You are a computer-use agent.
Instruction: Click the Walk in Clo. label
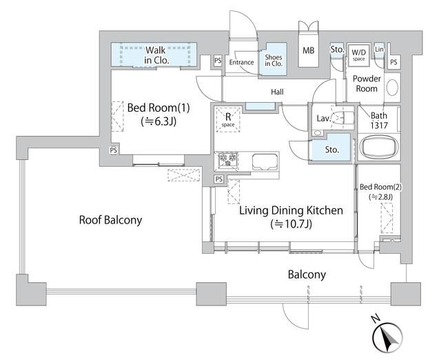tap(156, 55)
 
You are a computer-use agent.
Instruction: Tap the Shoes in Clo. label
tap(274, 60)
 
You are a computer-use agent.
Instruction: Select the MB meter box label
tap(309, 50)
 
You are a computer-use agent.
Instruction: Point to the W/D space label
tap(359, 54)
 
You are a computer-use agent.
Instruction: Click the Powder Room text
tap(367, 83)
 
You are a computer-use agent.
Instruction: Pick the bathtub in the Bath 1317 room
tap(378, 147)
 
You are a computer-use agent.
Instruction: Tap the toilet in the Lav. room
tap(342, 117)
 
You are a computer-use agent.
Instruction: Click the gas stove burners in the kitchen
tap(228, 159)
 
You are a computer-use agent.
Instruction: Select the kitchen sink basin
tap(265, 162)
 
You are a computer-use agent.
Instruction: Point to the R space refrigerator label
tap(228, 119)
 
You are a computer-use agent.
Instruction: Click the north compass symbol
tap(387, 337)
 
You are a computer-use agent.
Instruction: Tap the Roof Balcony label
tap(110, 220)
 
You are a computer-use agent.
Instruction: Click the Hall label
tap(277, 92)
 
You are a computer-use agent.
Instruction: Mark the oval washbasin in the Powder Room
tap(392, 88)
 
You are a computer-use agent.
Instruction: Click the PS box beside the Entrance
tap(218, 61)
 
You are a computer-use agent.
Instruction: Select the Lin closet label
tap(379, 49)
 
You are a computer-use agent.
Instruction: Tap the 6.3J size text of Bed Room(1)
tap(158, 121)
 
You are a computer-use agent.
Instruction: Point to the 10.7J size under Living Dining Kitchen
tap(291, 224)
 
